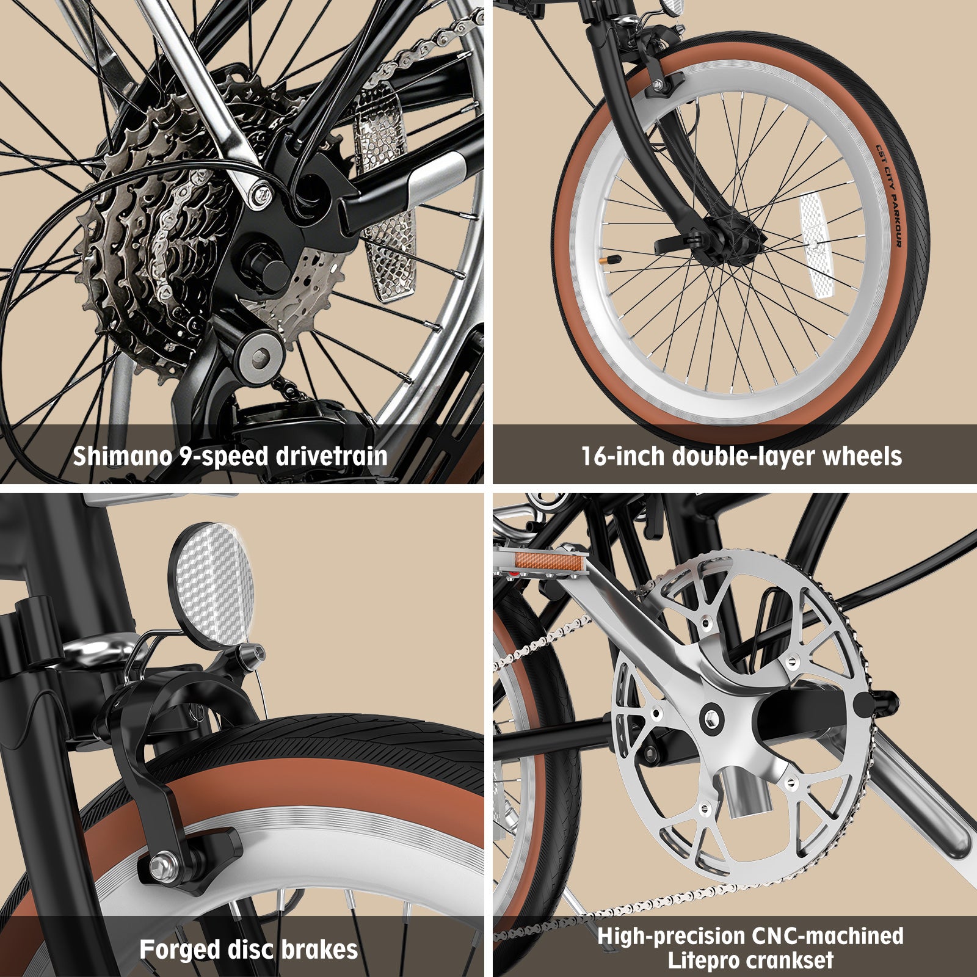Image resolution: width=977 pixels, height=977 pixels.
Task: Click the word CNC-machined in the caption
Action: pyautogui.click(x=827, y=936)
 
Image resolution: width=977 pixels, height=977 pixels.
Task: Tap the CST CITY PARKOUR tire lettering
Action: pyautogui.click(x=890, y=195)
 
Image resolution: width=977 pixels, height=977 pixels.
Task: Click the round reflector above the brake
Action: pyautogui.click(x=211, y=586)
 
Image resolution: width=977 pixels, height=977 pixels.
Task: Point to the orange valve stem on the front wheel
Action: pyautogui.click(x=610, y=260)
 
